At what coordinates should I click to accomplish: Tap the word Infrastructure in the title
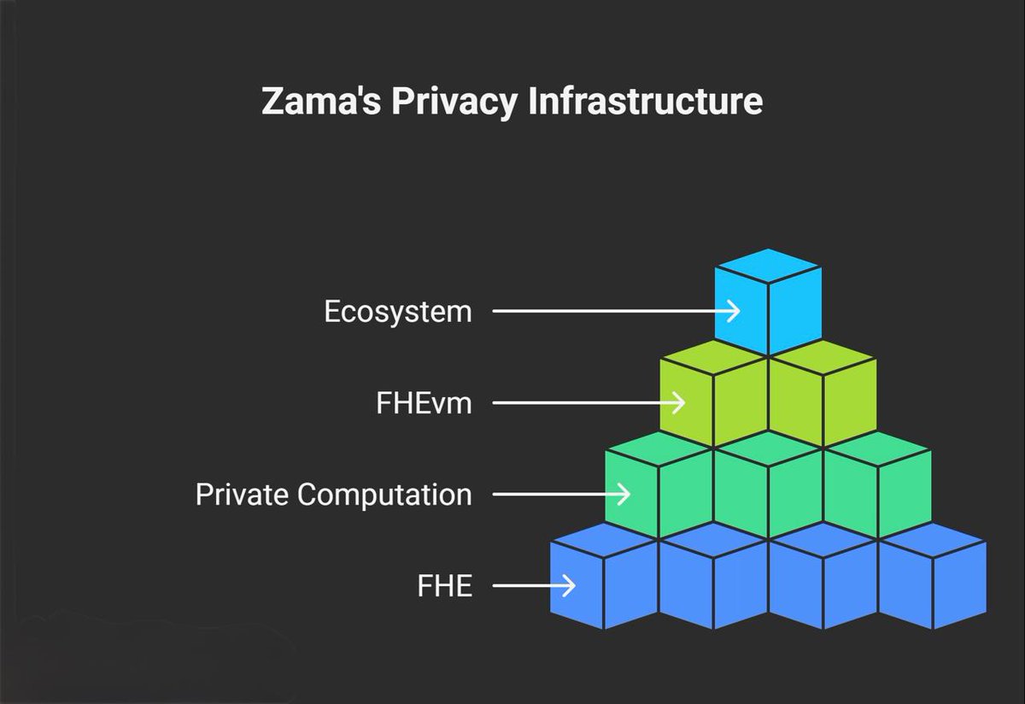coord(645,102)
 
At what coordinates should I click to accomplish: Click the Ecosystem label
coord(397,312)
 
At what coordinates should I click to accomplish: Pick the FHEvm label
coord(424,403)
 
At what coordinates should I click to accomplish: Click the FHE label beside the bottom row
coord(444,586)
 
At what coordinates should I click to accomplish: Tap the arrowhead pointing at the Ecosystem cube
coord(733,312)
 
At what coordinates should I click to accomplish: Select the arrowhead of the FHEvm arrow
coord(678,403)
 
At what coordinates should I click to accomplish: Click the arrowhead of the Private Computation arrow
coord(624,495)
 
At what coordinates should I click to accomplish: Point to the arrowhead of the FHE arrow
coord(568,586)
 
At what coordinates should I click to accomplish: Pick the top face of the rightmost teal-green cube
coord(877,449)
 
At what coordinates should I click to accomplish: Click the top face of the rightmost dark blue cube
coord(932,540)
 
